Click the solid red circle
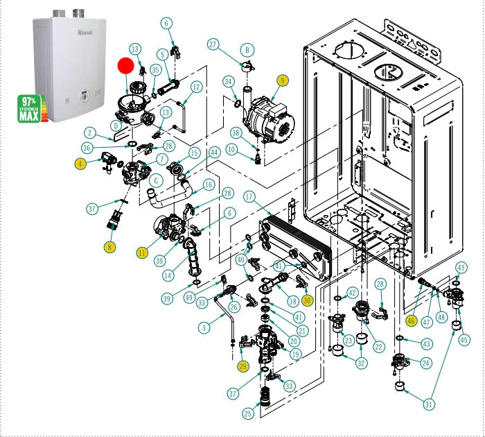(125, 66)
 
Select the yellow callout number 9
(281, 80)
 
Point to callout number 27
(213, 44)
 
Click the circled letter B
(246, 50)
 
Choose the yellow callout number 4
(82, 164)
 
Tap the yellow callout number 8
(110, 246)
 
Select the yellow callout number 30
(307, 300)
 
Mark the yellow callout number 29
(242, 366)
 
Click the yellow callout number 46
(411, 320)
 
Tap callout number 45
(464, 340)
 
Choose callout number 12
(196, 87)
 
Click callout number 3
(204, 327)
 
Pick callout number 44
(215, 152)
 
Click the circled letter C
(157, 180)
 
